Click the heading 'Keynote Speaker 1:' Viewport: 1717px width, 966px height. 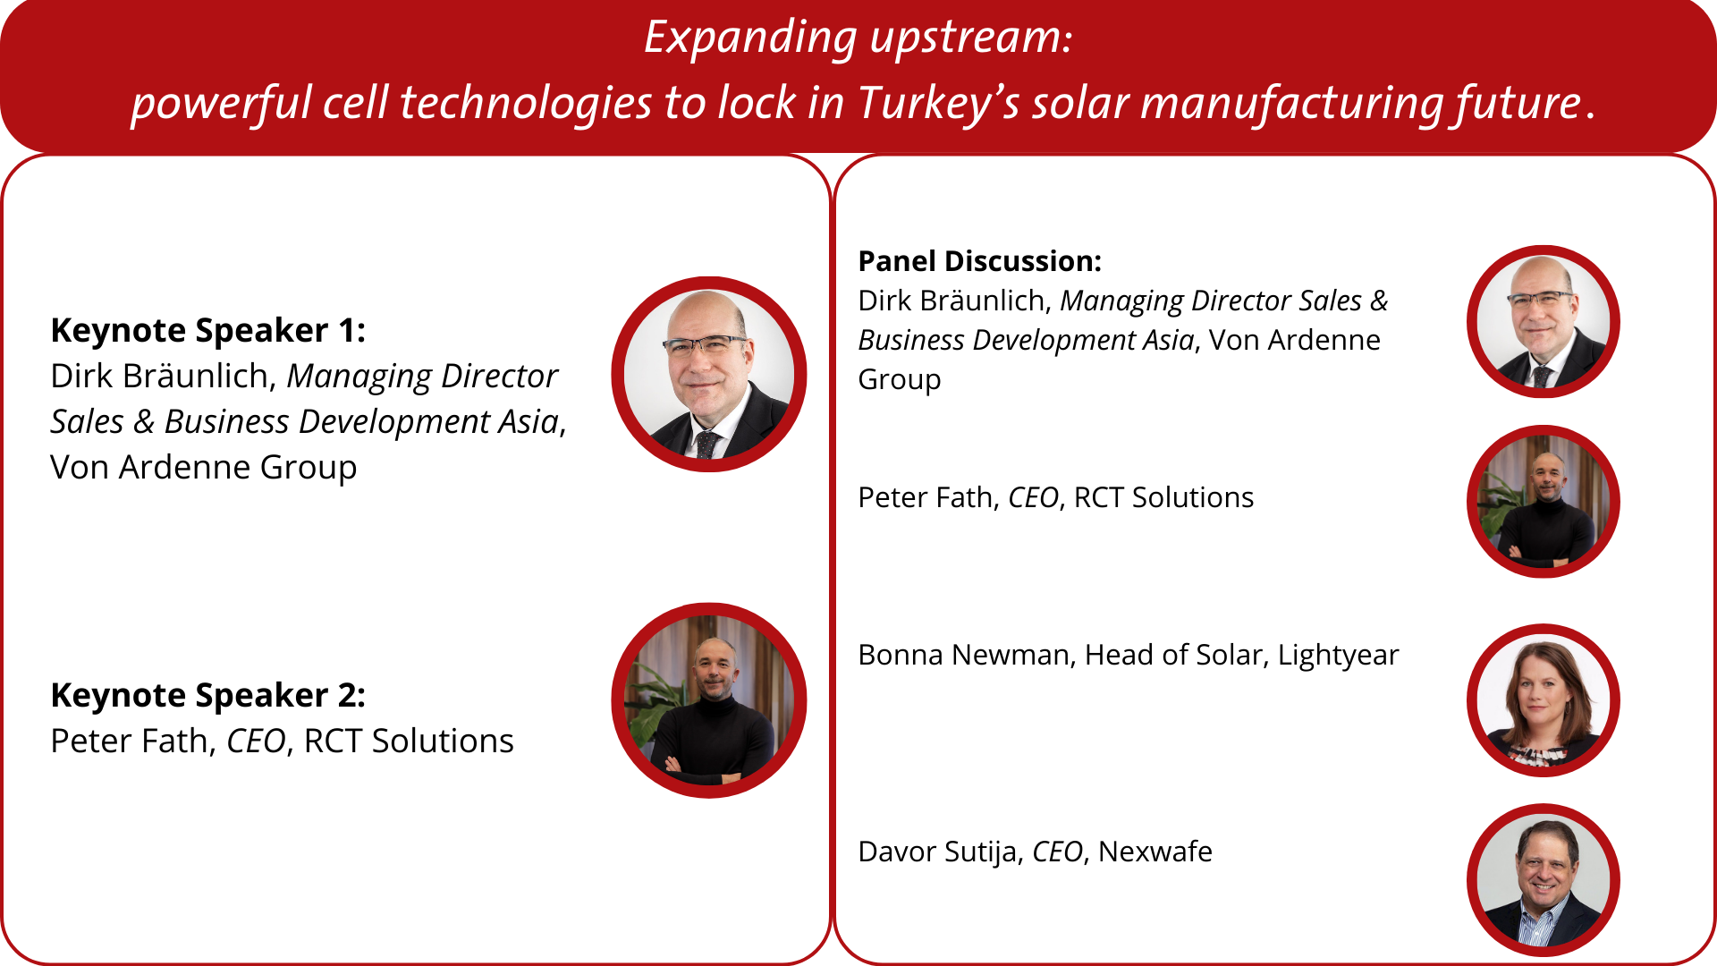[208, 331]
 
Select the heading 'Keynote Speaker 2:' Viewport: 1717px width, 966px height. [208, 696]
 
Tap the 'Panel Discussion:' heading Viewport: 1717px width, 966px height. [980, 261]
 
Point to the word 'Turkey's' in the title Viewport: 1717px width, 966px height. [939, 102]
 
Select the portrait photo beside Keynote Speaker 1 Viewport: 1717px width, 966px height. [709, 374]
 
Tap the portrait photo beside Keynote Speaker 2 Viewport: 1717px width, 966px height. [709, 700]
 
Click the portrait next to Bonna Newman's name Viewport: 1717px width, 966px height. [1544, 700]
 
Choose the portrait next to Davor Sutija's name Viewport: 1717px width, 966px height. [1544, 880]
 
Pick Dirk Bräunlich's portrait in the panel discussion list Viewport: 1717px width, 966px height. [1544, 322]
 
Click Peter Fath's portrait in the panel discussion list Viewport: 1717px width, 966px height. [1544, 502]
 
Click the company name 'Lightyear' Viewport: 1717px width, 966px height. [1338, 656]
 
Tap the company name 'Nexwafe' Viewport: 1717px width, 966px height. [1155, 852]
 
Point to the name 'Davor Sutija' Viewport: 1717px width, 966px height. [938, 852]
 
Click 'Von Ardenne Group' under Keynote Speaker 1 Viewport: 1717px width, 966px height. [204, 468]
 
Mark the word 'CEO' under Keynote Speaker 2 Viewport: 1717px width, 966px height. [256, 741]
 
